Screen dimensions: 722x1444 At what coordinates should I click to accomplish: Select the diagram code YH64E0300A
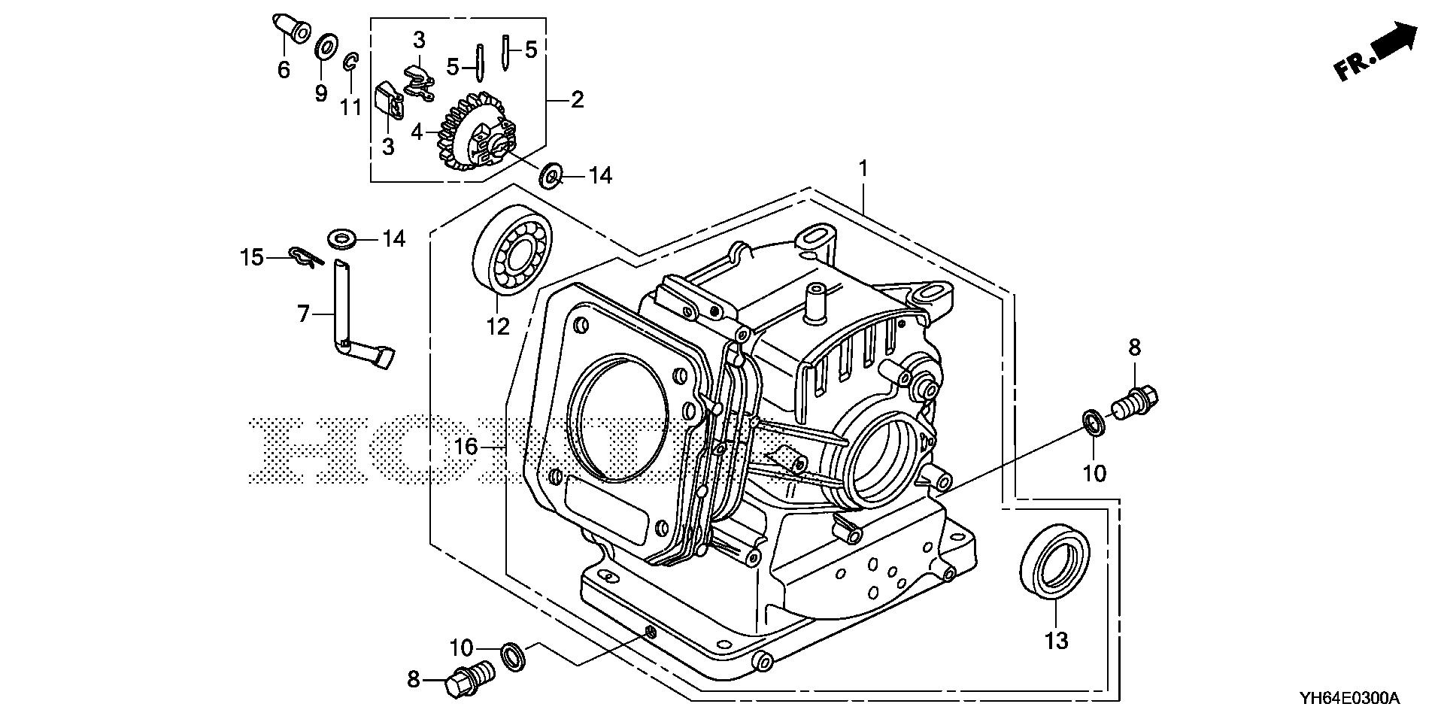(x=1348, y=699)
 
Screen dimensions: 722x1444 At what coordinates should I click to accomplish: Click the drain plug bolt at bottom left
(x=466, y=678)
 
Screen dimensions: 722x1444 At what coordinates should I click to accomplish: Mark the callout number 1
(x=863, y=168)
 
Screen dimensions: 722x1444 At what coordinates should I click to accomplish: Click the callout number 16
(x=466, y=447)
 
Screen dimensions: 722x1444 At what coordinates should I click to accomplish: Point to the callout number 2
(x=577, y=99)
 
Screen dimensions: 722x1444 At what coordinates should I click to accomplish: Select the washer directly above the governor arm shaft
(x=343, y=239)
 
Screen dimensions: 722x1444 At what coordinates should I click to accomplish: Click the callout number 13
(x=1056, y=641)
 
